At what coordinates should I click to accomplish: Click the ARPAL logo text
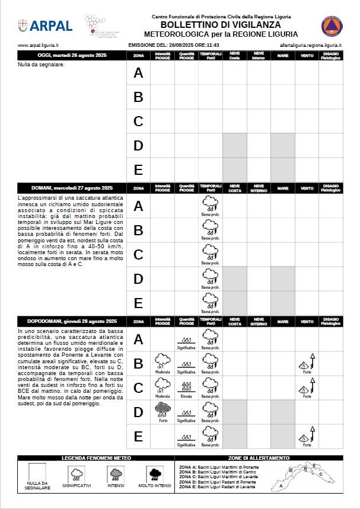point(51,25)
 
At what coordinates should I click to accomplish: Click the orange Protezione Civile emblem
point(332,25)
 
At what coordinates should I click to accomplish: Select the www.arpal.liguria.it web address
point(38,45)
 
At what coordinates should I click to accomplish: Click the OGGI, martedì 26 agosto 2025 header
point(72,55)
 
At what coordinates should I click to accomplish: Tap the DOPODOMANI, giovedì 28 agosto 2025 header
point(72,322)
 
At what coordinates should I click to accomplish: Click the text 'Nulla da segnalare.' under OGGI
point(42,65)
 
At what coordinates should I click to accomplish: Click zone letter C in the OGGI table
point(138,121)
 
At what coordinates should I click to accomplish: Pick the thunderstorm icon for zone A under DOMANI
point(211,203)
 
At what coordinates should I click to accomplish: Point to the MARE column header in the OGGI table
point(283,55)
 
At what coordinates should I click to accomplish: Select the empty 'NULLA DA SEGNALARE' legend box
point(37,472)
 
